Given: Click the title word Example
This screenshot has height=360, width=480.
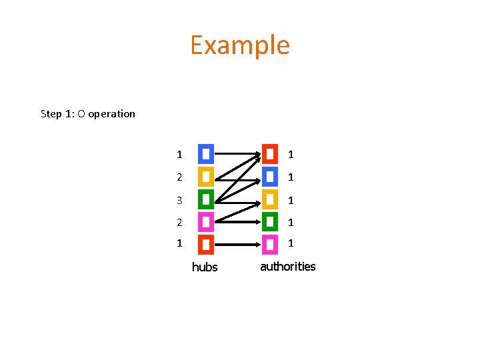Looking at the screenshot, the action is pos(240,45).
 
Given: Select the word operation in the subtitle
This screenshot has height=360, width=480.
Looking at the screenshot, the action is pos(111,113).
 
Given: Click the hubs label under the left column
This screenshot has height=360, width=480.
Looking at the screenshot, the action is pos(205,267).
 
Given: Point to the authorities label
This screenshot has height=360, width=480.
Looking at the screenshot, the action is pos(287,267).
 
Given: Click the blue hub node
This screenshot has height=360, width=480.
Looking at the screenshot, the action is pos(206,154).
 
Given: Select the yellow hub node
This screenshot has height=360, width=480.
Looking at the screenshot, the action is pos(206,177).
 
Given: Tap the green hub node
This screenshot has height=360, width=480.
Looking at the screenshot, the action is pos(206,199).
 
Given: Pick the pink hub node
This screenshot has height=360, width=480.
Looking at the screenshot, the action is pos(206,222).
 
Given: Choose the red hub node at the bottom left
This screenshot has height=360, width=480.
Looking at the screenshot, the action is pos(206,245).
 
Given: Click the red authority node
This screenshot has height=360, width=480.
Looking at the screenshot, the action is pos(270,154).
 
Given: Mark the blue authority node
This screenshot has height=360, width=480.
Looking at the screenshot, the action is pos(270,177).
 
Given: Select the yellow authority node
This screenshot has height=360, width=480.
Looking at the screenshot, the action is pos(270,199).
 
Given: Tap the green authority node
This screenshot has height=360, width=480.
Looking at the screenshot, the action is pos(270,222).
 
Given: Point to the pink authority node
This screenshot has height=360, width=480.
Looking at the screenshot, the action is pos(270,245).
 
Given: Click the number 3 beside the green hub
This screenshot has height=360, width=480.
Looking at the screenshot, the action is pos(179,200).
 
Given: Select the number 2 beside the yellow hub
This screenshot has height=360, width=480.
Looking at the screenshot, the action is pos(179,177).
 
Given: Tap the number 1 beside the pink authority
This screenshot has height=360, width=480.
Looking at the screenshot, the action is pos(291,244).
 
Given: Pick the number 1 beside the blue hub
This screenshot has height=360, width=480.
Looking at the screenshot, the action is pos(179,155).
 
